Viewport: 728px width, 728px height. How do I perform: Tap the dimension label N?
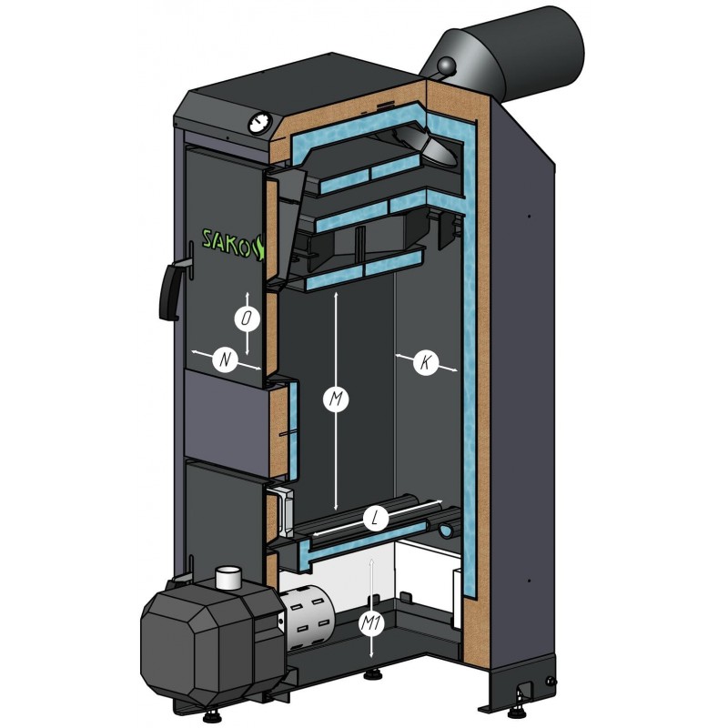[225, 359]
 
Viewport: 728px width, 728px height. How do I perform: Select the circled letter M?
[336, 399]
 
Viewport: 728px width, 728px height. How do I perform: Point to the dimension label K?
[426, 361]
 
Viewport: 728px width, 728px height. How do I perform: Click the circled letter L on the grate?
[376, 518]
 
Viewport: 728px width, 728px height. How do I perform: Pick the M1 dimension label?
[371, 624]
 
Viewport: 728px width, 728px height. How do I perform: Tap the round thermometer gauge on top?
[260, 124]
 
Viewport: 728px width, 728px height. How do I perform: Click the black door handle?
[172, 289]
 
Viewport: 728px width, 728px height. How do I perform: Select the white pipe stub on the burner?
[228, 577]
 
